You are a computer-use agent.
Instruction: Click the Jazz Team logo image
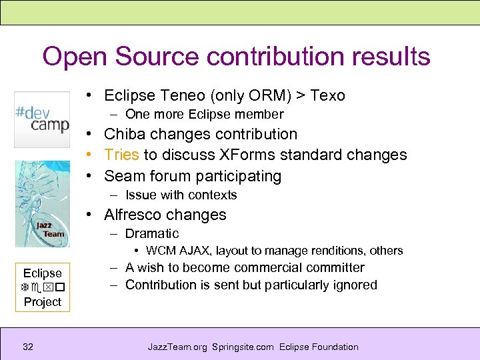pyautogui.click(x=42, y=204)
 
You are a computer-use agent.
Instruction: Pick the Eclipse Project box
pyautogui.click(x=42, y=287)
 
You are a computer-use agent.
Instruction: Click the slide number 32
pyautogui.click(x=28, y=347)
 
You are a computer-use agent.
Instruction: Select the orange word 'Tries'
pyautogui.click(x=121, y=155)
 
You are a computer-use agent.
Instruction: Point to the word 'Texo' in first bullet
pyautogui.click(x=327, y=95)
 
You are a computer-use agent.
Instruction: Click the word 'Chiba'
pyautogui.click(x=127, y=134)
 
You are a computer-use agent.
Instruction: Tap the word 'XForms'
pyautogui.click(x=245, y=155)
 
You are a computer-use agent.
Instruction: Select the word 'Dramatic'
pyautogui.click(x=152, y=233)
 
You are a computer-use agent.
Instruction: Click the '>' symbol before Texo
pyautogui.click(x=301, y=96)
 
